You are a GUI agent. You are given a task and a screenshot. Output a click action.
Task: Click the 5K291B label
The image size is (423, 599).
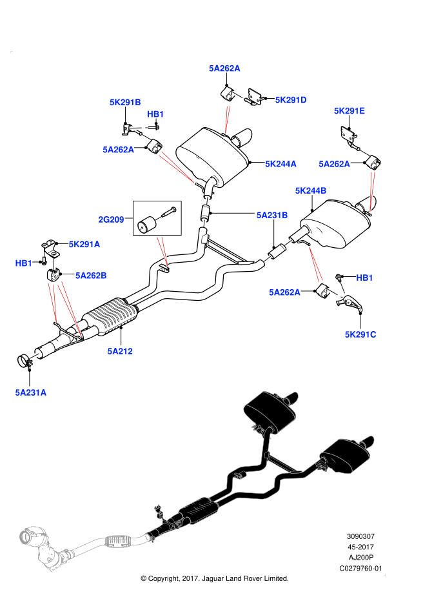[125, 102]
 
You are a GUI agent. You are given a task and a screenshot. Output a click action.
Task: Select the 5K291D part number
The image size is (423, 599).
[291, 100]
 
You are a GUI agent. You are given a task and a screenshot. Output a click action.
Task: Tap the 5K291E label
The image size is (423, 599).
[349, 111]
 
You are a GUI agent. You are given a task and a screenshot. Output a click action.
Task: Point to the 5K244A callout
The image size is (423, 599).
[280, 164]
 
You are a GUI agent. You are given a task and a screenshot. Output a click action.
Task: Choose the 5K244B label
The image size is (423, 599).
[311, 190]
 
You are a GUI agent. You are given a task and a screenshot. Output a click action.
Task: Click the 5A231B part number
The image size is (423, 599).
[272, 216]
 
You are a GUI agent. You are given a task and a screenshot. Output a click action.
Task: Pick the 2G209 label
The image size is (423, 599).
[111, 219]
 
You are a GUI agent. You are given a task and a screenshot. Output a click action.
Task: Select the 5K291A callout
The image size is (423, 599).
[84, 244]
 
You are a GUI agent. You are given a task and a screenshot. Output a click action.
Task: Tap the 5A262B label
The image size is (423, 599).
[91, 276]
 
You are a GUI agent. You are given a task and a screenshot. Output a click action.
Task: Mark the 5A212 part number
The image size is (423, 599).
[120, 351]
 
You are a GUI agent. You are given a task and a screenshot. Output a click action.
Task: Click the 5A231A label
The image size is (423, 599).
[31, 392]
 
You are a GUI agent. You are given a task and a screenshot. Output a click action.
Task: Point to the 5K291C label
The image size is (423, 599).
[360, 334]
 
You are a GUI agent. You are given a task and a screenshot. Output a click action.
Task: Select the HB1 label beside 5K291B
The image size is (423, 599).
[155, 114]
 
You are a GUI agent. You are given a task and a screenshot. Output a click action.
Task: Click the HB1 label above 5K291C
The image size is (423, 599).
[364, 278]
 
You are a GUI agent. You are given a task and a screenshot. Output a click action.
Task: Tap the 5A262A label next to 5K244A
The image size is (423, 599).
[334, 164]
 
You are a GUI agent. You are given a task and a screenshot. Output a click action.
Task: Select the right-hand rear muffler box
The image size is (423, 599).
[346, 456]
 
